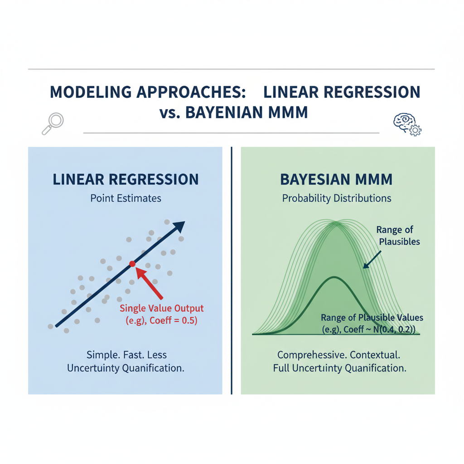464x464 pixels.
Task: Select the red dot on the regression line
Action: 132,263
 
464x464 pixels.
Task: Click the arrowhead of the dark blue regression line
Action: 180,226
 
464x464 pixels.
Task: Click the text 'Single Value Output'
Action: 162,309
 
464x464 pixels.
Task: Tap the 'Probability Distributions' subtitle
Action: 337,198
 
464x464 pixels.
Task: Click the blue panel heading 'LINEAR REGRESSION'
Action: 126,179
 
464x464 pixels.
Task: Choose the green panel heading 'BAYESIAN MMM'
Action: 336,179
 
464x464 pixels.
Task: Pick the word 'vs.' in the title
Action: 170,112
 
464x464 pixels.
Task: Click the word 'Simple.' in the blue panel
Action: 101,354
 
